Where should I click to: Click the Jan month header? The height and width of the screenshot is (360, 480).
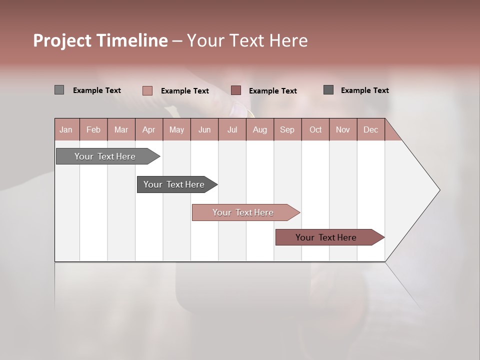(66, 129)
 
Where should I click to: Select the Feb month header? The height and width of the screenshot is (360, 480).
(93, 129)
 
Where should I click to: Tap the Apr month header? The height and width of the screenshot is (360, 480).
(148, 129)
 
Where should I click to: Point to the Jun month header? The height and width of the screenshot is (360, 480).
(204, 129)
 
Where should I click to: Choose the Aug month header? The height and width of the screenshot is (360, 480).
(259, 129)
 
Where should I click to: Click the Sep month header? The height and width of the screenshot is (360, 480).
(287, 129)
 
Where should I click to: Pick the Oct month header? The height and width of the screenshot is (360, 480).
(315, 129)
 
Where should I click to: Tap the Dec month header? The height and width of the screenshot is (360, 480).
(370, 129)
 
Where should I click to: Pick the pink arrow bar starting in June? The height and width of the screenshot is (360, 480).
(243, 212)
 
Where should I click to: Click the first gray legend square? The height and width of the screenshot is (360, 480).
(59, 90)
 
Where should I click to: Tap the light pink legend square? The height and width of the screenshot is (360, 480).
(147, 90)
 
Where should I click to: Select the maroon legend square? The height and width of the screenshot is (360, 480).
(236, 90)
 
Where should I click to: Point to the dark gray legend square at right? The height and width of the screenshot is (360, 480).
(328, 89)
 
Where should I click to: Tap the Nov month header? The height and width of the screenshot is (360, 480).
(343, 129)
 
